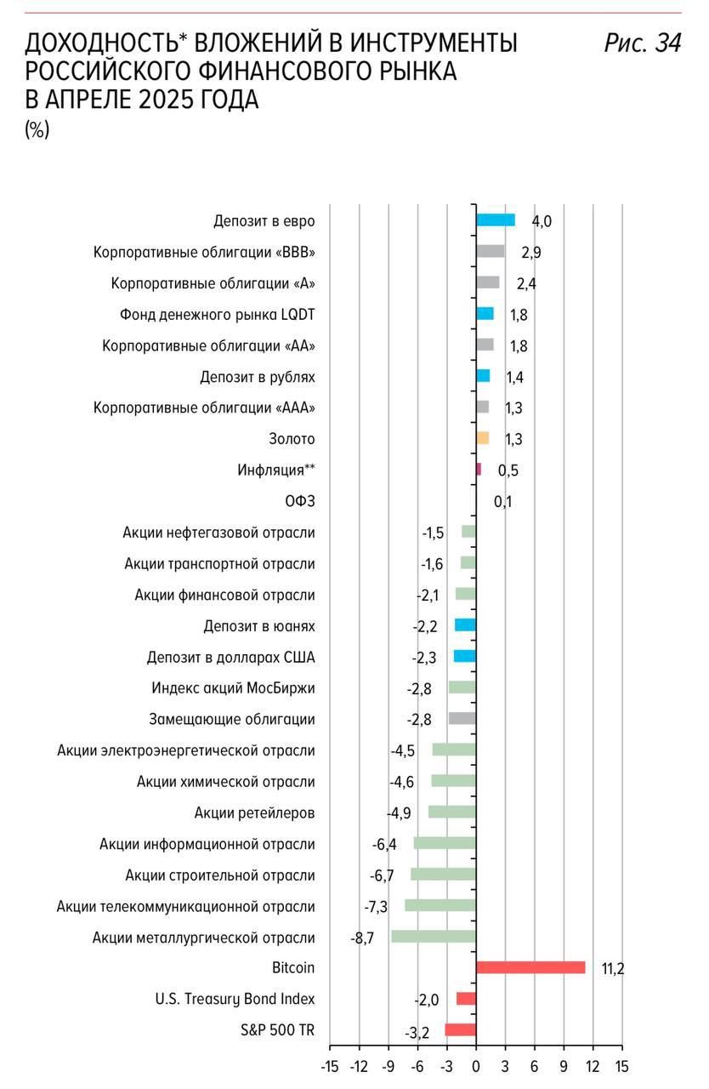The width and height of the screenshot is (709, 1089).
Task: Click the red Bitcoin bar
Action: pos(530,967)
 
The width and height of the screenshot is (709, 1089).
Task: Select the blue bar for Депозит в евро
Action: pos(496,220)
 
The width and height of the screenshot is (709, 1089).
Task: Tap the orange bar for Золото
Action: pos(483,438)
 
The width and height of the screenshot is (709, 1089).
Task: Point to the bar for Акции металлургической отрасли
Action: pos(434,937)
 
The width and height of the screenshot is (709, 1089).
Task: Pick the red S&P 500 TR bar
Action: pos(461,1029)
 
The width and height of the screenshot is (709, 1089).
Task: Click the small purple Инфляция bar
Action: pos(479,469)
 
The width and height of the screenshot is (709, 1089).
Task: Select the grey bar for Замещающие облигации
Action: pos(462,719)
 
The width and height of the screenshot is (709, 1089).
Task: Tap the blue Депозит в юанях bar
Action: pos(465,625)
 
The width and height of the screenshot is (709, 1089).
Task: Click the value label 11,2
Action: pos(613,969)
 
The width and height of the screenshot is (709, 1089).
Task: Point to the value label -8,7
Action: pos(362,938)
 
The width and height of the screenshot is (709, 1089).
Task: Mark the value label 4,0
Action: pos(542,222)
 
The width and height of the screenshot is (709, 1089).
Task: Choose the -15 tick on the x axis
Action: pos(330,1067)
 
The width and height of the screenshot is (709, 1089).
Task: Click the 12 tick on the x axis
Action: pos(593,1067)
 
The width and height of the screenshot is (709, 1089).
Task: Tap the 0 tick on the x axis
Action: pos(476,1067)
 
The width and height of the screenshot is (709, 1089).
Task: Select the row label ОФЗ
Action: pos(300,501)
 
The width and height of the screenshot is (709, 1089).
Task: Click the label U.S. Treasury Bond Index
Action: pos(235,999)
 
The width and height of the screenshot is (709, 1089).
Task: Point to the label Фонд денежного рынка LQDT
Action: pos(218,315)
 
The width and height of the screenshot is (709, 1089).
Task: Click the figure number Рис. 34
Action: pos(643,43)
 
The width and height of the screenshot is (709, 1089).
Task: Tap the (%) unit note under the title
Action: pos(37,130)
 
